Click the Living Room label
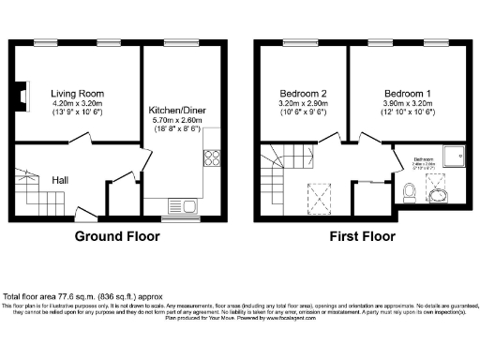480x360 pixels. tap(78, 94)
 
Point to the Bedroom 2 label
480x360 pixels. tap(304, 95)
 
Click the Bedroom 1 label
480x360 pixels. tap(408, 95)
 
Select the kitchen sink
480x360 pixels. tap(180, 204)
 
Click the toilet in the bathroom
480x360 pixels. tap(409, 194)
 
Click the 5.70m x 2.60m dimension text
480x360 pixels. tap(181, 122)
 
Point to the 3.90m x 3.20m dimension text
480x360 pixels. tap(408, 105)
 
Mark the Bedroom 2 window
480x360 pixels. tap(305, 44)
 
